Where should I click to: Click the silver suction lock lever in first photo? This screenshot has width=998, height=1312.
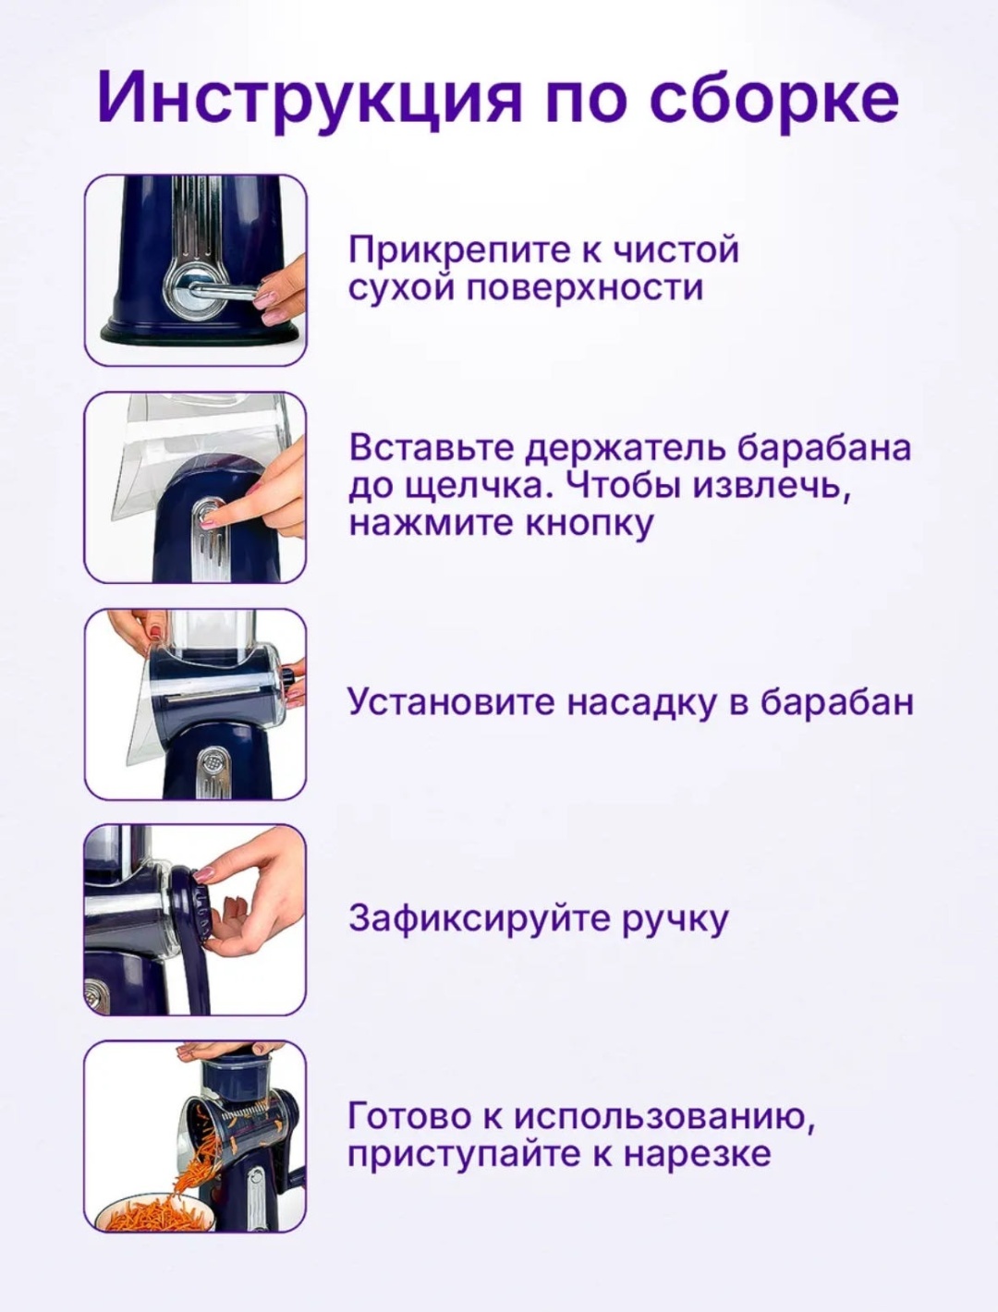pos(223,291)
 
